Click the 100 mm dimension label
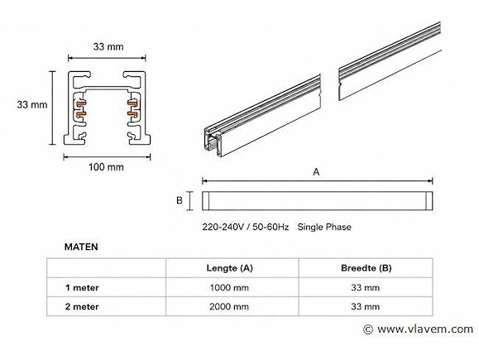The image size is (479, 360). click(x=107, y=167)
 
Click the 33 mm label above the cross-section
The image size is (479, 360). click(x=108, y=46)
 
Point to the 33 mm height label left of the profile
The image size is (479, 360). click(x=32, y=104)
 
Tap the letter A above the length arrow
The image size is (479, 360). click(x=316, y=172)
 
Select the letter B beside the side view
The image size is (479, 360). click(x=180, y=200)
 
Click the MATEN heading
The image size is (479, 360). click(x=81, y=247)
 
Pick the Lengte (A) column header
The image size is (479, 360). click(x=230, y=268)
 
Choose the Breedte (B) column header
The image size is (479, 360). click(x=366, y=268)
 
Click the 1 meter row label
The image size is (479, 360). click(x=82, y=287)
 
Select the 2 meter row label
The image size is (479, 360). click(x=82, y=306)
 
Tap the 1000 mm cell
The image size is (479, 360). click(x=229, y=287)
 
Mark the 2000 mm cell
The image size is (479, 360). click(x=229, y=306)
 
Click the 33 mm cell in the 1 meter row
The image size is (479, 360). click(x=366, y=287)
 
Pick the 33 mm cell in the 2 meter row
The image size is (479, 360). click(x=366, y=306)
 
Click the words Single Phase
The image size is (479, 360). click(x=324, y=227)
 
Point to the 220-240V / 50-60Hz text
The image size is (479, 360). click(x=246, y=227)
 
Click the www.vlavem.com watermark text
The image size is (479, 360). click(x=425, y=329)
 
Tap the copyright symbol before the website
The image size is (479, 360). click(x=368, y=329)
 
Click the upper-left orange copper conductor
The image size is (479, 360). click(x=81, y=103)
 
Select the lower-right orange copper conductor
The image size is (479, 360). click(x=132, y=114)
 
